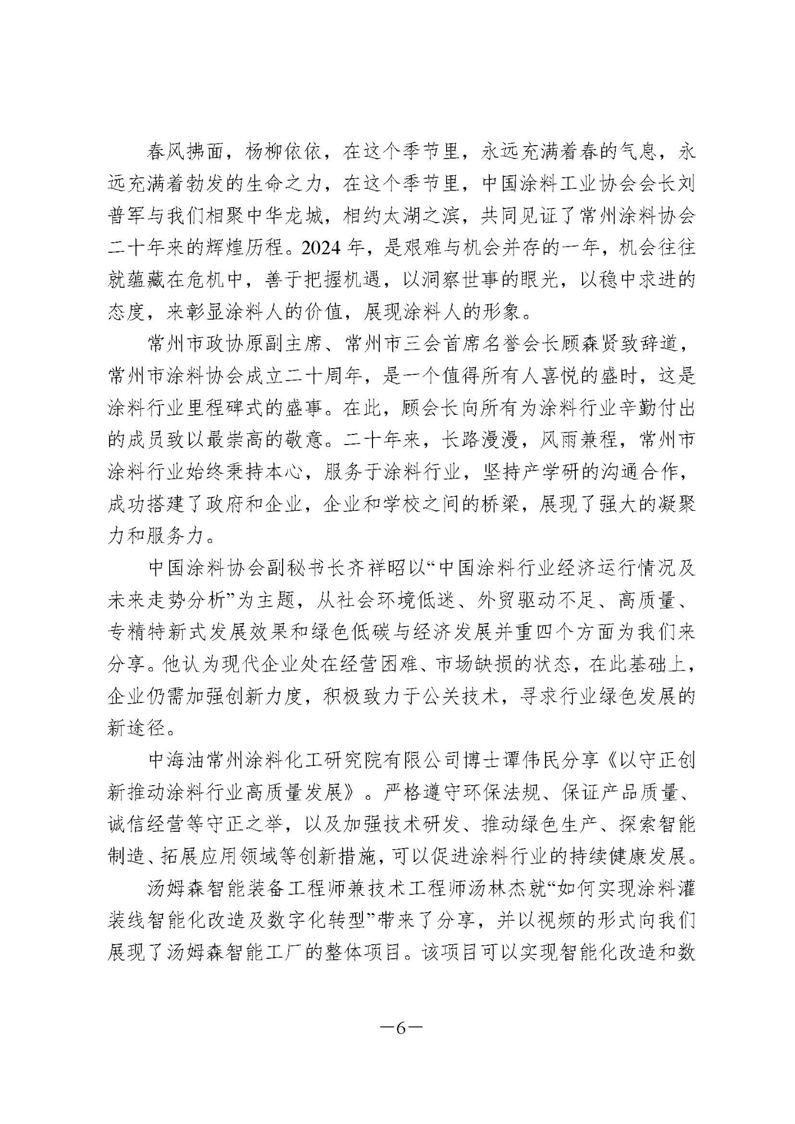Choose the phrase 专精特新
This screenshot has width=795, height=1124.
click(x=146, y=633)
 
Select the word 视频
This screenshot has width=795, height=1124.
click(x=562, y=921)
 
